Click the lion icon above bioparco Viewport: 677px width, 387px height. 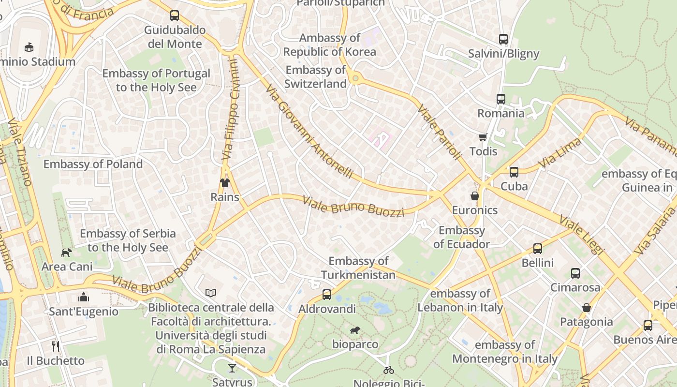tap(355, 330)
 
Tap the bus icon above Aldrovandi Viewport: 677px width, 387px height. tap(327, 294)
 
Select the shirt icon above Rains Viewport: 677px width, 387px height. tap(225, 183)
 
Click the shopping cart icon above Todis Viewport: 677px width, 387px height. tap(483, 137)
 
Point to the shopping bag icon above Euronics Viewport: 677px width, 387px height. tap(475, 196)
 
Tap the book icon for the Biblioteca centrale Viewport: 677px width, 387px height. tap(211, 293)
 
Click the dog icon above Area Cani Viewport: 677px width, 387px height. tap(66, 253)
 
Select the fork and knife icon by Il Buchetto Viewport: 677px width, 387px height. tap(56, 346)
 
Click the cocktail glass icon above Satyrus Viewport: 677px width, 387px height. tap(232, 368)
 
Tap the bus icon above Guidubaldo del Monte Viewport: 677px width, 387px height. tap(175, 15)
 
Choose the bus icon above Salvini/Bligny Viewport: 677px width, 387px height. tap(503, 39)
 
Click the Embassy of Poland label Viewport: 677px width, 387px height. tap(93, 164)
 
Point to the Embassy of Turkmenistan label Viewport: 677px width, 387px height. tap(358, 268)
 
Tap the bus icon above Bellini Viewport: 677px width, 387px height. tap(538, 249)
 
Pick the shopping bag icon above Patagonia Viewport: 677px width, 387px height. tap(587, 308)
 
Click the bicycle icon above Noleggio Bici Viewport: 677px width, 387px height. tap(388, 370)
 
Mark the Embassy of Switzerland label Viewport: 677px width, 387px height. tap(315, 76)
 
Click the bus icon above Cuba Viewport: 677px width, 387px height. tap(514, 172)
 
